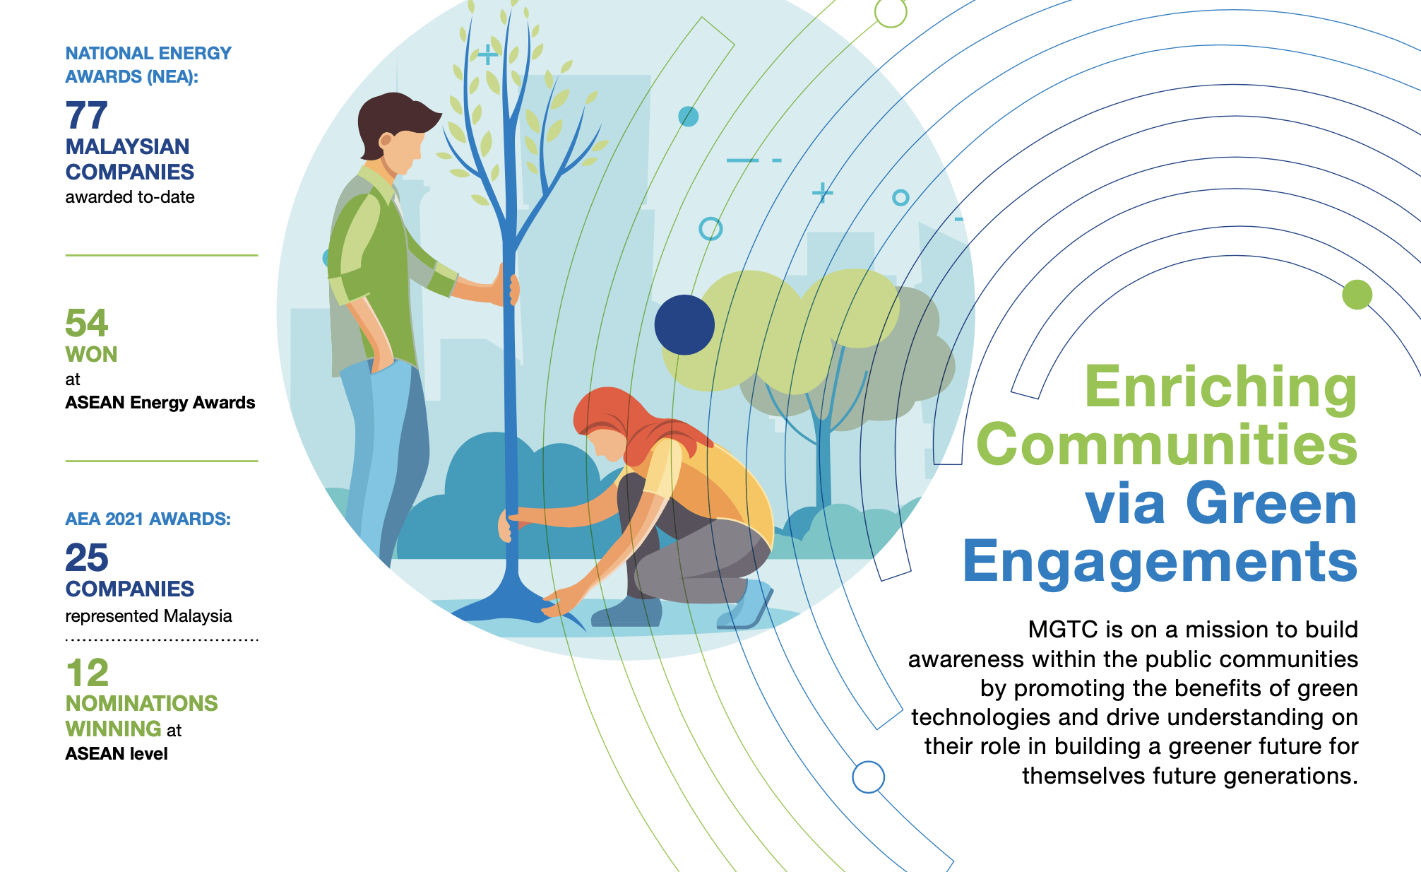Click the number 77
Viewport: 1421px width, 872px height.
point(86,115)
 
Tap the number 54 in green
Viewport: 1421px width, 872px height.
point(86,323)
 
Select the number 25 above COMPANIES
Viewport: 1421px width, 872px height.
point(87,558)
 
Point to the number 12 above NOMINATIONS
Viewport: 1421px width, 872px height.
point(88,673)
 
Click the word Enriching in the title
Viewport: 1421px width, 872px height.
point(1220,389)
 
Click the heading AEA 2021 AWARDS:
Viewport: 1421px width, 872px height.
point(148,519)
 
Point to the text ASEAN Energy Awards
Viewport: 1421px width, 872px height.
point(160,402)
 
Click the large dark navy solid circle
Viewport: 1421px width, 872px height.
point(684,324)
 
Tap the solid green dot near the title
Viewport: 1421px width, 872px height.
point(1357,294)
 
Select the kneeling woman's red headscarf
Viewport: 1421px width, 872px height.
point(636,424)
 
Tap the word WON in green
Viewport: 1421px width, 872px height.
point(91,354)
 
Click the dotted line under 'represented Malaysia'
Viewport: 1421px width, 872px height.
point(162,640)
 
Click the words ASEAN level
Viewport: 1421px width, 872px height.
point(117,753)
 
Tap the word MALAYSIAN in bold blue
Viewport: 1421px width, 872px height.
point(127,146)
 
